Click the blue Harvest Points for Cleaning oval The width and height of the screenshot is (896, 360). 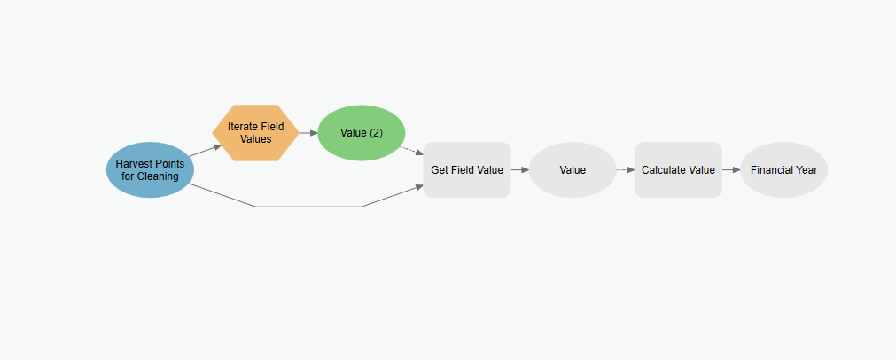coord(151,169)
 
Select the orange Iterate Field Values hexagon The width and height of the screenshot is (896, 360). coord(255,133)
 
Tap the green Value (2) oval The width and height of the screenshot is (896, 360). coord(361,133)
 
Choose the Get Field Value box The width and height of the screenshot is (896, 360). coord(467,169)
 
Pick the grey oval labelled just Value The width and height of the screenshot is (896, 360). coord(573,169)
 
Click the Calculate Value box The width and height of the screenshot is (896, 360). coord(678,169)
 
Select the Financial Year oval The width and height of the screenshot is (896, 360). coord(784,169)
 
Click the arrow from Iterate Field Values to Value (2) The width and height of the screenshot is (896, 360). coord(308,133)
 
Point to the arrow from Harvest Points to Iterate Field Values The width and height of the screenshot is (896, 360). coord(205,150)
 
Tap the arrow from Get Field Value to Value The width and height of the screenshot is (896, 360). coord(520,169)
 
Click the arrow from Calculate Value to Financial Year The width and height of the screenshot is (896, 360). coord(731,169)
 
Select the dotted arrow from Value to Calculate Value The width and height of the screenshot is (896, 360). coord(626,169)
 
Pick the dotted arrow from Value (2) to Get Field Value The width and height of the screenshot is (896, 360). coord(411,150)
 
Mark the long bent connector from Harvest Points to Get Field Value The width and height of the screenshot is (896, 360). coord(308,207)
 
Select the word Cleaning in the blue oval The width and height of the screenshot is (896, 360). coord(158,176)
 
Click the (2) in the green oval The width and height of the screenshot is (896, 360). coord(376,133)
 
